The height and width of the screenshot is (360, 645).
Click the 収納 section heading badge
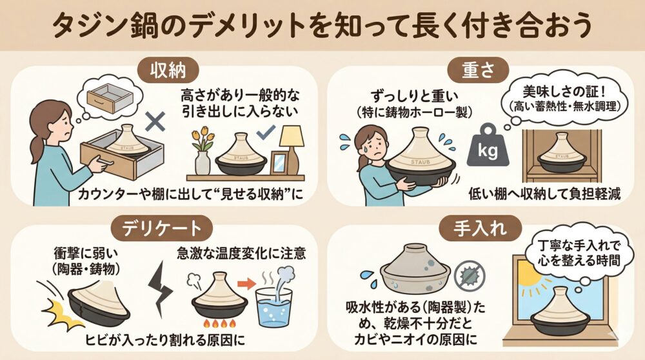tap(168, 71)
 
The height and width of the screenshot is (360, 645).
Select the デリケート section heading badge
tap(162, 229)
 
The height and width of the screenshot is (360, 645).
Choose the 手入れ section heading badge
tap(480, 228)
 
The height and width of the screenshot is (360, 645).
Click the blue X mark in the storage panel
tap(155, 121)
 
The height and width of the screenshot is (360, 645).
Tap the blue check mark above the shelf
tap(266, 132)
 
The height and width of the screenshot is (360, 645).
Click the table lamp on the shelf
tap(292, 150)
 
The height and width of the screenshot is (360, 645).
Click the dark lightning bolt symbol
tap(161, 289)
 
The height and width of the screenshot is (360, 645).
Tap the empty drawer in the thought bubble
tap(110, 97)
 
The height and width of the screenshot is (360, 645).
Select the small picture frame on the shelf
tap(279, 163)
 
